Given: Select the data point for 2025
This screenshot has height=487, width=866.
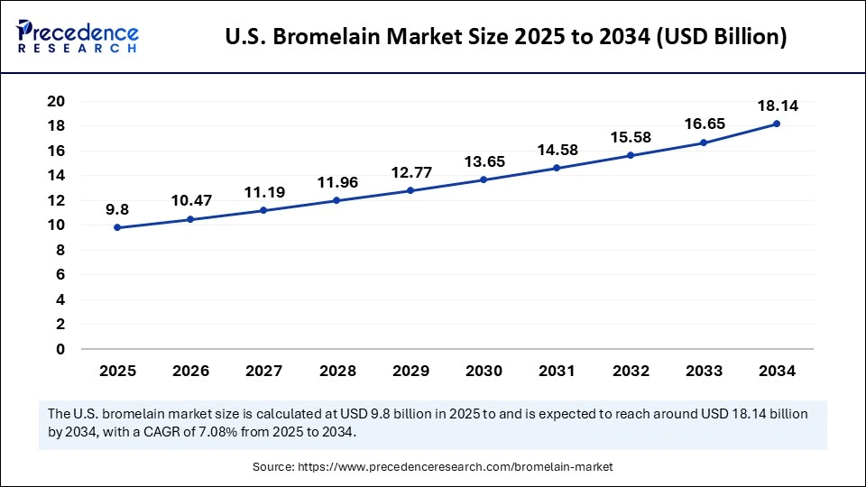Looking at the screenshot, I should (117, 227).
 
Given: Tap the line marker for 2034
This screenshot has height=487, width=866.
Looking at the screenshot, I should (776, 124).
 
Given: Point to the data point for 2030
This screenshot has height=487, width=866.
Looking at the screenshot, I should (484, 179).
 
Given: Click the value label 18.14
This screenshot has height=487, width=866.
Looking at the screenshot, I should (777, 106).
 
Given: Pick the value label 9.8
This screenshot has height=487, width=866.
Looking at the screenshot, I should (117, 209).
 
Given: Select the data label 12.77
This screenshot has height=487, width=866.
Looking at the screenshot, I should (410, 172).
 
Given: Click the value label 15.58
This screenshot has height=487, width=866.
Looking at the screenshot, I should (630, 137).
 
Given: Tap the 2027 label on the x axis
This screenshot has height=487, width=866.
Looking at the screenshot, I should (263, 371).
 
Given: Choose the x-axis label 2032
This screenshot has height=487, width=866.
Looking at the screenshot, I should (630, 371).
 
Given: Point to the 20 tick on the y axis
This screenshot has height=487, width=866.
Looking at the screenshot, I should (57, 101).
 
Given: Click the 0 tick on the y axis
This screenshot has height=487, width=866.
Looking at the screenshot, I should (60, 349).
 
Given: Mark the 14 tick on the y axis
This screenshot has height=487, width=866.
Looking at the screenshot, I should (57, 176).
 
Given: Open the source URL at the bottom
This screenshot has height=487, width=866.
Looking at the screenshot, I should (433, 467).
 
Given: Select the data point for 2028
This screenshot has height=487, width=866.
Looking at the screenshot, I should (336, 200).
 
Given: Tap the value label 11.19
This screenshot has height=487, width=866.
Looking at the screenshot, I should (263, 192).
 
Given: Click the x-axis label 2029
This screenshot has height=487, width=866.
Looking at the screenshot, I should (410, 371).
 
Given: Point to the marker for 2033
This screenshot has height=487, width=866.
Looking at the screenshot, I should (703, 142).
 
